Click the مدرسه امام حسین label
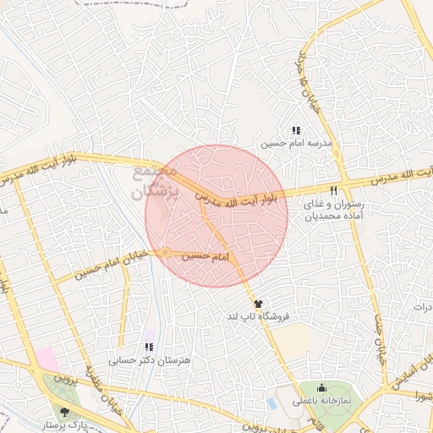293,145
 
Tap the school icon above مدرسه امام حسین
295,131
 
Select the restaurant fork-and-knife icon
334,190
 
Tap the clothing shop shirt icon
257,303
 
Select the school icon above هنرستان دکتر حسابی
149,347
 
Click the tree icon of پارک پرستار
66,411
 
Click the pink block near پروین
47,359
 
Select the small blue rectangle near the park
272,402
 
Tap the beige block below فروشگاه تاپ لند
292,339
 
